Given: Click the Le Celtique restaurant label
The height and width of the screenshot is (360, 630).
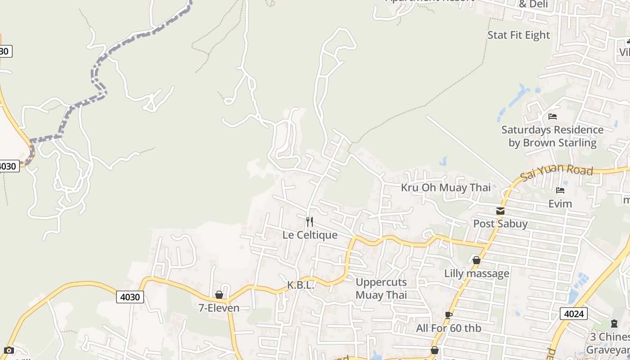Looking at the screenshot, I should coord(310,235).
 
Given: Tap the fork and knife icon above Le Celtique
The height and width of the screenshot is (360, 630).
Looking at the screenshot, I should coord(310,221).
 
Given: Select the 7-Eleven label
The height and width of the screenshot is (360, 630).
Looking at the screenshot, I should coord(219,308).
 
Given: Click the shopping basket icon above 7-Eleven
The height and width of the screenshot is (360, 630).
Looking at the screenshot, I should coord(219,295).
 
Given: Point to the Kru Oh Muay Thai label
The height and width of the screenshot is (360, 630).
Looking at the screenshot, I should coord(445,188).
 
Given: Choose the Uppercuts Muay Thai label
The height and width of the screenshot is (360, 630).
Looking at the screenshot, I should coord(381,288).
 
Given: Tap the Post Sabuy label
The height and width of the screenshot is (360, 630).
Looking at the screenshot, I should coord(500,224).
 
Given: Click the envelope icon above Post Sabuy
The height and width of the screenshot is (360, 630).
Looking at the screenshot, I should coord(500,211).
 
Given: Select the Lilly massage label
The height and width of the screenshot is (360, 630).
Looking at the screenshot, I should coord(477,273).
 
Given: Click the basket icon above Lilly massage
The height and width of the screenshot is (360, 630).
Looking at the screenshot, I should coord(477,260).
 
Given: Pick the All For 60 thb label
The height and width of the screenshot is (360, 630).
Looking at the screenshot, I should coord(448,328).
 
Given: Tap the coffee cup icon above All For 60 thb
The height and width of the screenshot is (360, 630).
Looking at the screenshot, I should coord(448,315).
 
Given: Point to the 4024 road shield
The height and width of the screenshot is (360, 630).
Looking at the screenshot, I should coord(573,314).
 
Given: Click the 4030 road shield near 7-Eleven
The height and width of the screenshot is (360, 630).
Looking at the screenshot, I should coord(130,297).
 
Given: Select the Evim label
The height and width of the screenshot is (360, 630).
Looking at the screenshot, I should coord(560,204).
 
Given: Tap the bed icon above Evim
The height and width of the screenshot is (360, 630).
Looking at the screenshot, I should coord(560,190).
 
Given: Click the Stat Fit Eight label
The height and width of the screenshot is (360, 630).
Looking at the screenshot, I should coord(519,35).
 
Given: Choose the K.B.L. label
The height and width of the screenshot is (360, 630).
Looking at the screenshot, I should coord(301,285).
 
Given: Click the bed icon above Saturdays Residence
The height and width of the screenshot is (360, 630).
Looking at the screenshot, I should coord(553,117).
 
